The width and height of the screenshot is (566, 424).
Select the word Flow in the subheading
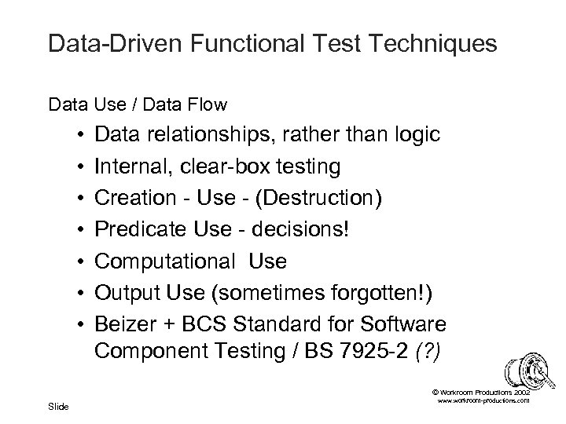click(x=208, y=103)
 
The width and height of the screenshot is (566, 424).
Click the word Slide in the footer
click(x=58, y=406)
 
